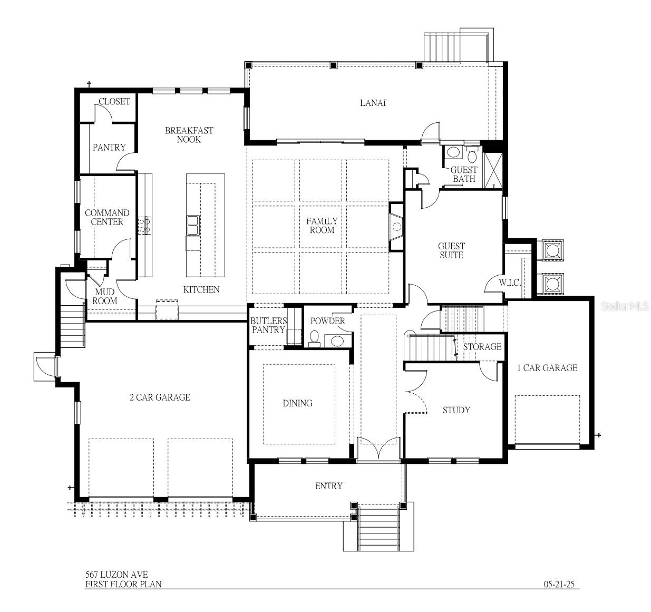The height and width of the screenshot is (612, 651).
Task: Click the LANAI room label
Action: pyautogui.click(x=373, y=103)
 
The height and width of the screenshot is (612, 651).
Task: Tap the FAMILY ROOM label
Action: pyautogui.click(x=322, y=226)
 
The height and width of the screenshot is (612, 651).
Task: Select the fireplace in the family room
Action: pyautogui.click(x=396, y=227)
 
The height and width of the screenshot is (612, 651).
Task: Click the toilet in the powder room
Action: pyautogui.click(x=314, y=337)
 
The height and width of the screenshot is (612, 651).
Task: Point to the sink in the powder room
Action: pyautogui.click(x=337, y=341)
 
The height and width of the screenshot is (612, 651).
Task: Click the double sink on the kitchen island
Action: pyautogui.click(x=192, y=225)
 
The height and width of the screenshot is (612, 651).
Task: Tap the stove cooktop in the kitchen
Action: pyautogui.click(x=144, y=226)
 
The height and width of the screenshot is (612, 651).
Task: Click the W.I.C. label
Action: pyautogui.click(x=510, y=283)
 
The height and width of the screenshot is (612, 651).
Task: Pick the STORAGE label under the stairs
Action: pyautogui.click(x=482, y=347)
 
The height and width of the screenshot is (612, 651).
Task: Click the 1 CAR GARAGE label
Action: pyautogui.click(x=547, y=368)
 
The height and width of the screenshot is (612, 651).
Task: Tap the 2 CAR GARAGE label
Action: pyautogui.click(x=160, y=397)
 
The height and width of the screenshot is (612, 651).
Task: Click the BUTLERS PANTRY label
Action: pyautogui.click(x=268, y=325)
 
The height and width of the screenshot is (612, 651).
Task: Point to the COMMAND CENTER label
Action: pyautogui.click(x=107, y=217)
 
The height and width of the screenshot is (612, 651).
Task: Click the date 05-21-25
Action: pyautogui.click(x=558, y=584)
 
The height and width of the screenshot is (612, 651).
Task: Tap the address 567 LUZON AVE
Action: pyautogui.click(x=116, y=575)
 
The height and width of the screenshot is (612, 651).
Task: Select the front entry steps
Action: pyautogui.click(x=377, y=528)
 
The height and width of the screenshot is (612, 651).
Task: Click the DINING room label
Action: pyautogui.click(x=297, y=403)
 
